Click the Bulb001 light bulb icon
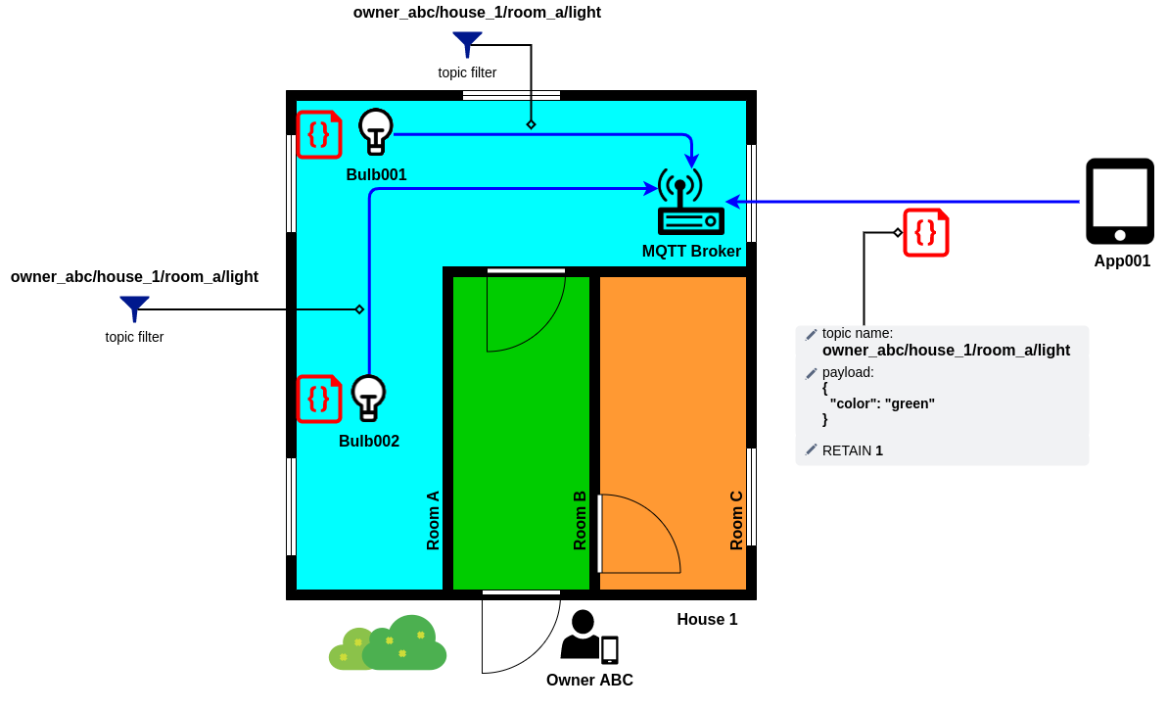point(375,131)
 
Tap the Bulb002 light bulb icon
point(368,398)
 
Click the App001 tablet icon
point(1120,201)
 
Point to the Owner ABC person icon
point(589,636)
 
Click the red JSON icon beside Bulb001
point(319,135)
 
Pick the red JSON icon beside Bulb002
point(319,400)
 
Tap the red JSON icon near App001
point(926,232)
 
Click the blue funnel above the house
point(467,44)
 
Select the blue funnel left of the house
point(135,308)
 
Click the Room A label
point(433,521)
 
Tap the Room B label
point(580,521)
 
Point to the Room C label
point(736,521)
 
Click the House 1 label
point(707,620)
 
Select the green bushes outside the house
point(388,642)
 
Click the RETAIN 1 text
point(852,450)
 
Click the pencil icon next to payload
point(812,373)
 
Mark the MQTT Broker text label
point(691,252)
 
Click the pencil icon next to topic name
point(812,334)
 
